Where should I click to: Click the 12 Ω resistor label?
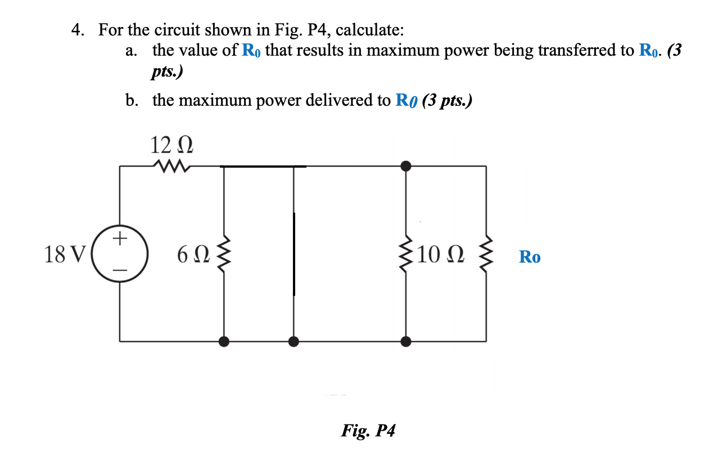coord(172,145)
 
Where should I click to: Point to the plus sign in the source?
coord(119,240)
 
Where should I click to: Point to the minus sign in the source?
coord(119,270)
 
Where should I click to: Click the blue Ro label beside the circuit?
coord(530,258)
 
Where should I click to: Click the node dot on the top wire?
coord(406,166)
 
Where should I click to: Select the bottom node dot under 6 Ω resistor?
coord(224,341)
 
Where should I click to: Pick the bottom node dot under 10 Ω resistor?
coord(406,341)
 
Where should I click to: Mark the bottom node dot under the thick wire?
coord(293,341)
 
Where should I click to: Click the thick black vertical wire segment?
coord(293,253)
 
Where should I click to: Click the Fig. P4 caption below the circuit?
coord(368,431)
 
